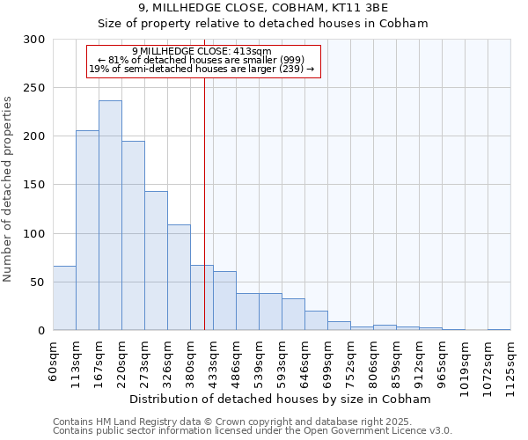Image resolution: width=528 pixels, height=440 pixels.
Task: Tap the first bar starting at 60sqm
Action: click(x=64, y=298)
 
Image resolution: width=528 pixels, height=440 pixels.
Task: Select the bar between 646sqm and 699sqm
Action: click(x=316, y=320)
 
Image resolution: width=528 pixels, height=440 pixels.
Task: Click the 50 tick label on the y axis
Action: click(x=37, y=282)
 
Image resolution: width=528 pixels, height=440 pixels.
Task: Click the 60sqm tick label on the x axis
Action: click(x=53, y=359)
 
